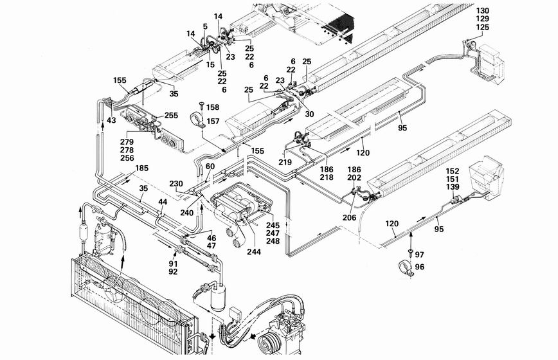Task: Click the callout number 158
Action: point(213,107)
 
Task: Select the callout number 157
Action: point(213,122)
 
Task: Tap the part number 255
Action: point(171,116)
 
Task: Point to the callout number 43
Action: point(111,120)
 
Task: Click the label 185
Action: point(141,168)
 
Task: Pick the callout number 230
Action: point(176,183)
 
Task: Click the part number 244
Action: point(253,251)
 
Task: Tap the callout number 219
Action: point(285,162)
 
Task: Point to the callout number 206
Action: point(349,218)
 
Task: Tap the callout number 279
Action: point(127,141)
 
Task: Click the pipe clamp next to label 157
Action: point(196,121)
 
